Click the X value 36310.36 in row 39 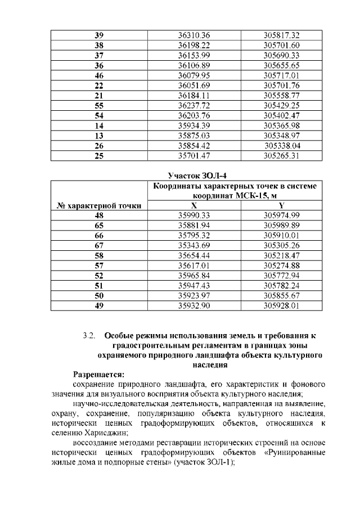pyautogui.click(x=193, y=35)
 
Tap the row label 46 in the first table pyautogui.click(x=99, y=75)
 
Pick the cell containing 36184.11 pyautogui.click(x=193, y=96)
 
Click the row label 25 pyautogui.click(x=99, y=156)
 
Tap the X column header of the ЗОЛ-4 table pyautogui.click(x=193, y=206)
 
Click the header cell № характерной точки pyautogui.click(x=99, y=206)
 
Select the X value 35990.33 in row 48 pyautogui.click(x=193, y=216)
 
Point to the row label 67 pyautogui.click(x=99, y=246)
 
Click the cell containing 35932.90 pyautogui.click(x=193, y=306)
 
